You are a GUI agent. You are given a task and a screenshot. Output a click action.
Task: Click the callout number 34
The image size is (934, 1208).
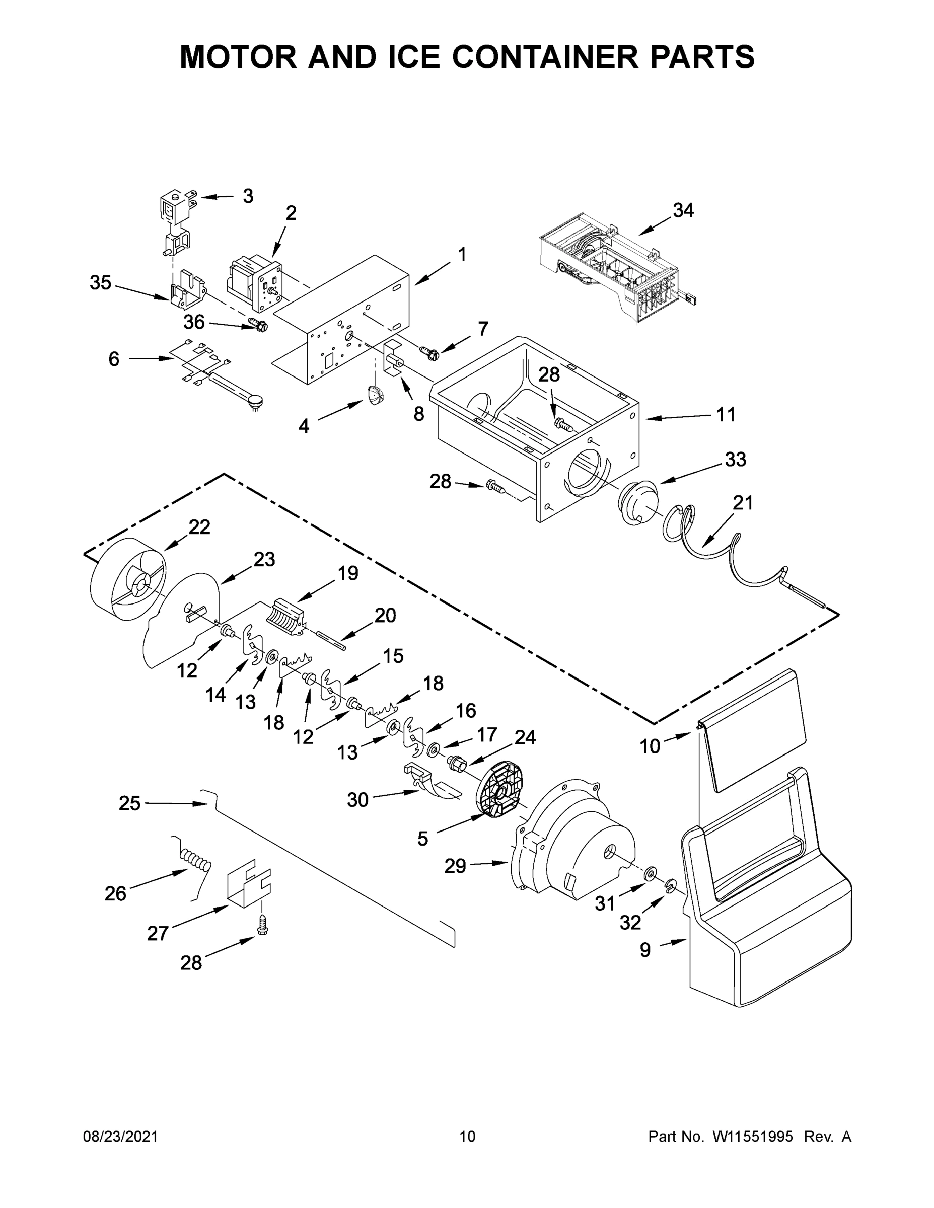click(683, 210)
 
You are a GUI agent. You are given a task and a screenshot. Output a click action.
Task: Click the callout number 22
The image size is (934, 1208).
click(199, 527)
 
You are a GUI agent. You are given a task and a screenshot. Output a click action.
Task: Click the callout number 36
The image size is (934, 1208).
click(194, 322)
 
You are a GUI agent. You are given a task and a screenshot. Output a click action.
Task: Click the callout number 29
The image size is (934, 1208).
click(455, 866)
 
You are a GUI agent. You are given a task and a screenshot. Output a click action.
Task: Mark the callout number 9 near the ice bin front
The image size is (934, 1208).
click(645, 950)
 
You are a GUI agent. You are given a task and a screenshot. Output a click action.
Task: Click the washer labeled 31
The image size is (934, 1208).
click(650, 873)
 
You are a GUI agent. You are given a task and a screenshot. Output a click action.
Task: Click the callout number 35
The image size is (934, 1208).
click(101, 283)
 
